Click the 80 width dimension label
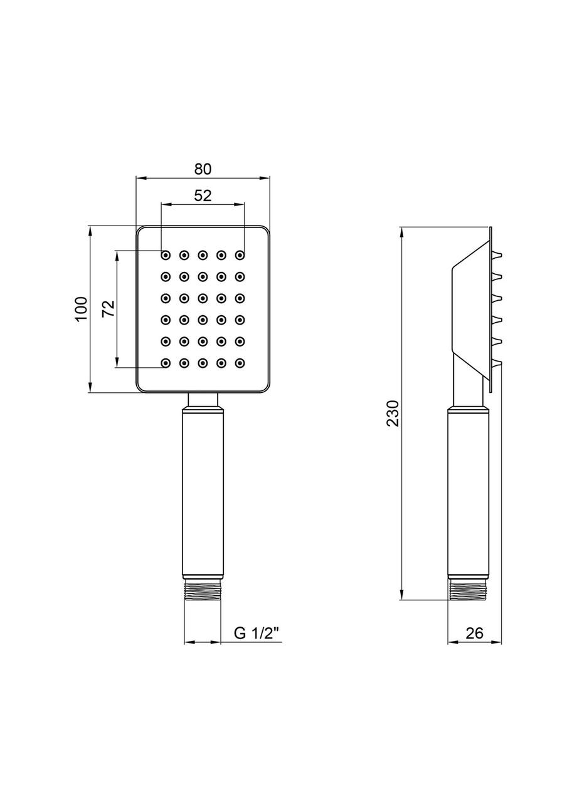point(203,169)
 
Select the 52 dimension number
point(203,195)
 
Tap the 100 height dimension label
point(82,309)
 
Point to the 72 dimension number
point(109,308)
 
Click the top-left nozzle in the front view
point(165,255)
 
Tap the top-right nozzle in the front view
point(240,255)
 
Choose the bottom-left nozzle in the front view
point(165,363)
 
